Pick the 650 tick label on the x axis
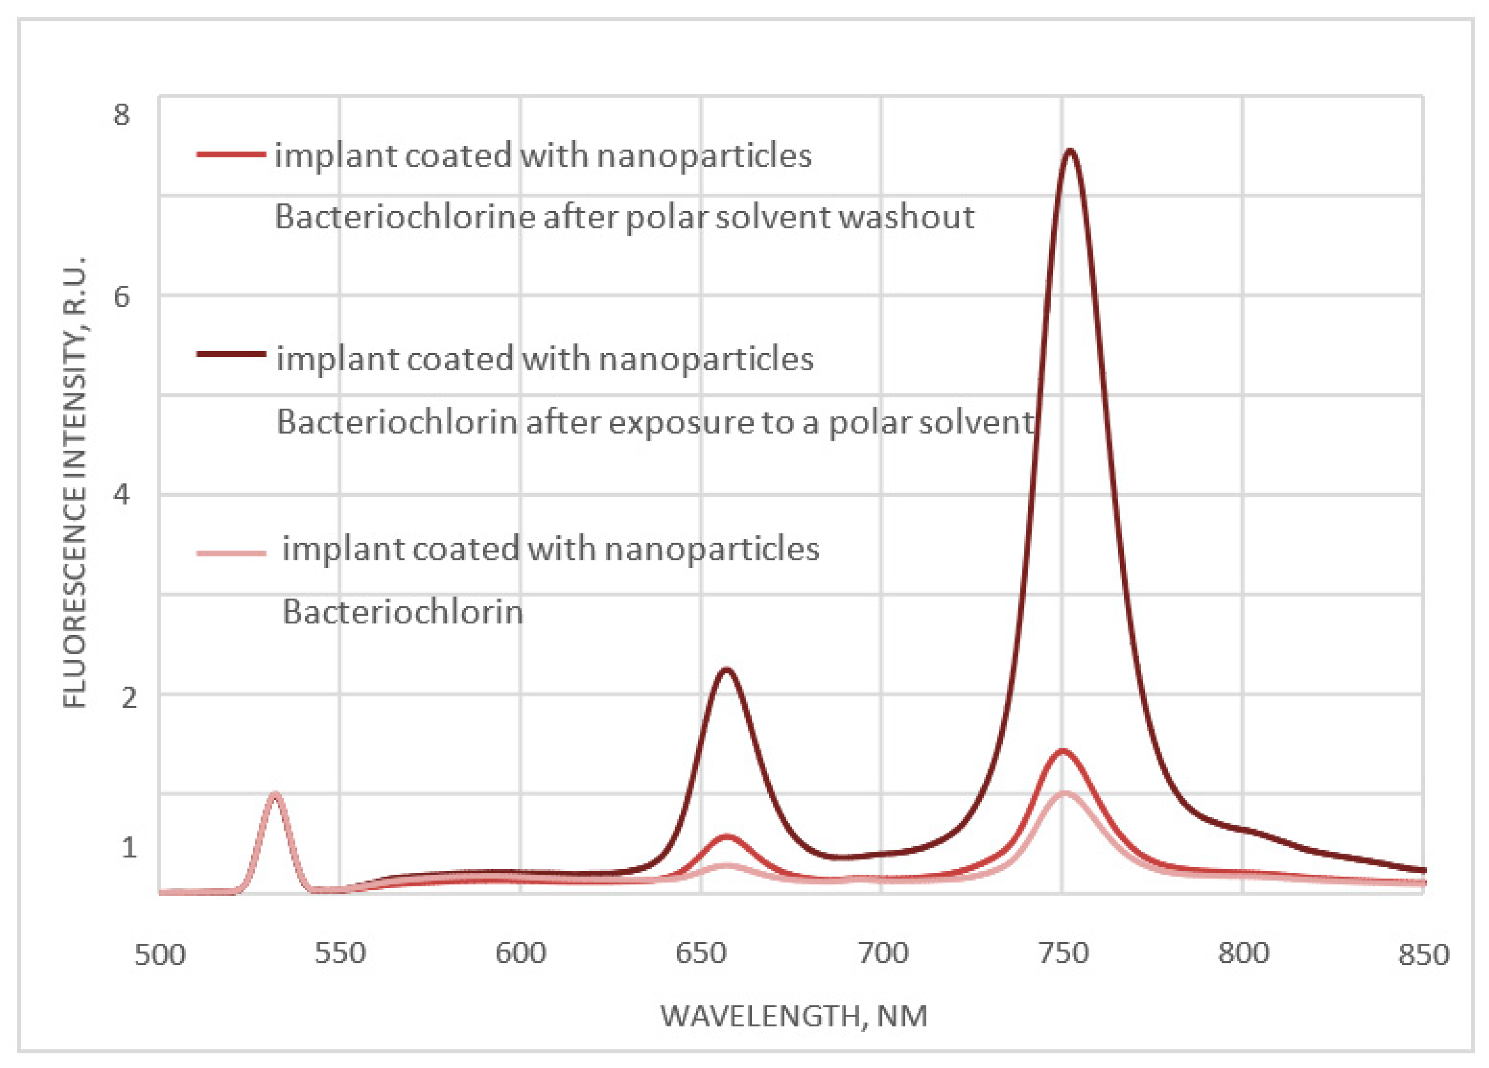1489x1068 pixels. [x=701, y=953]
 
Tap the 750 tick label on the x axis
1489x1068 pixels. [x=1063, y=953]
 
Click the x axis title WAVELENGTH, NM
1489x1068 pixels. [x=794, y=1017]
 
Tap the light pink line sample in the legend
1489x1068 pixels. [x=231, y=553]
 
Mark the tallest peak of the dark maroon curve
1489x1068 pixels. [x=1071, y=151]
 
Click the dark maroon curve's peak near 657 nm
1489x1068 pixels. [x=726, y=670]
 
